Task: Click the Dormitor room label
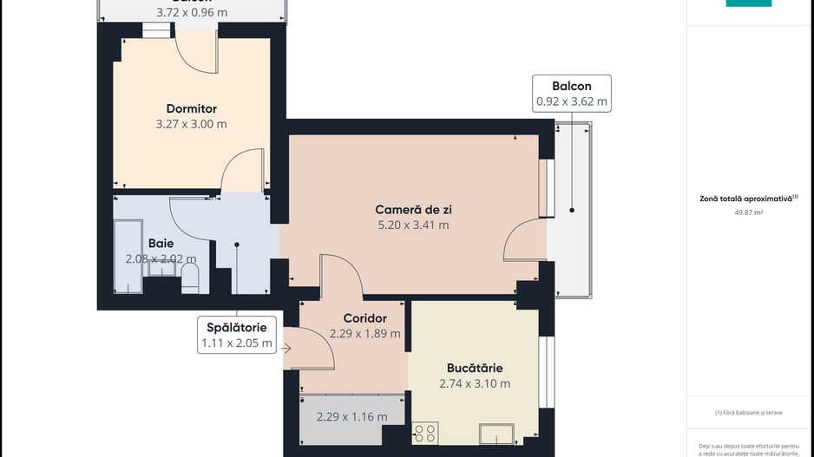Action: pyautogui.click(x=191, y=108)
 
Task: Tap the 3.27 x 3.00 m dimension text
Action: pyautogui.click(x=191, y=124)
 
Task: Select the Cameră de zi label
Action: pyautogui.click(x=413, y=209)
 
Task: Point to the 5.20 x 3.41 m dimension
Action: pyautogui.click(x=413, y=225)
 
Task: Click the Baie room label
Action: pyautogui.click(x=161, y=244)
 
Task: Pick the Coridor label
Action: pyautogui.click(x=364, y=318)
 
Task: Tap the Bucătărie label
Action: pyautogui.click(x=475, y=368)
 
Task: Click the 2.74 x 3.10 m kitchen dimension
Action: pyautogui.click(x=475, y=383)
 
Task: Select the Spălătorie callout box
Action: pyautogui.click(x=236, y=335)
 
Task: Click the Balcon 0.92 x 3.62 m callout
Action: pyautogui.click(x=572, y=94)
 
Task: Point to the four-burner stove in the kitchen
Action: pyautogui.click(x=425, y=433)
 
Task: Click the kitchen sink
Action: pyautogui.click(x=496, y=433)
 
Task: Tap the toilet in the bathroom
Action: pyautogui.click(x=191, y=278)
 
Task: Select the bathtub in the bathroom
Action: pyautogui.click(x=128, y=258)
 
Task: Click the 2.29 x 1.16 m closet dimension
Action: pyautogui.click(x=352, y=416)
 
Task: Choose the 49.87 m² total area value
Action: pyautogui.click(x=748, y=212)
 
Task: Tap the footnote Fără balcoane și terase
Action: pyautogui.click(x=748, y=413)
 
